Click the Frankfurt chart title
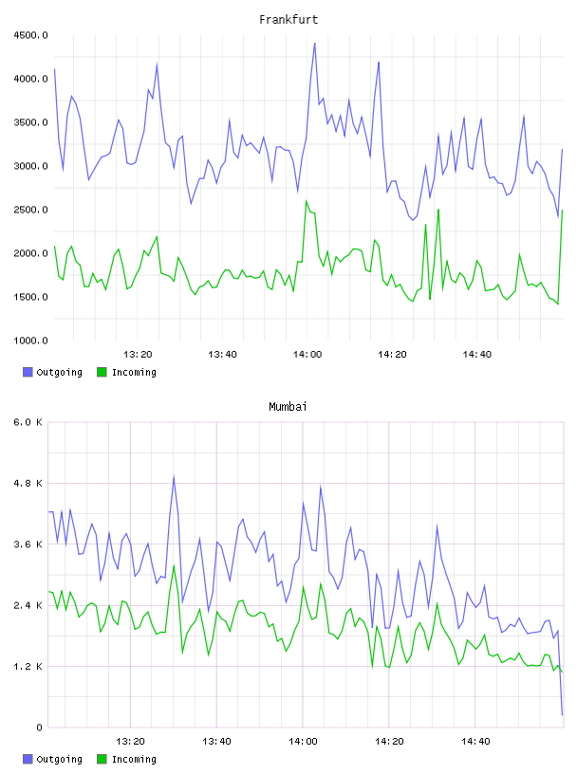[288, 19]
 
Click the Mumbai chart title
[288, 406]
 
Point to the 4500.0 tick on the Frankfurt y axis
[30, 35]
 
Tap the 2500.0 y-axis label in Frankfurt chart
[30, 210]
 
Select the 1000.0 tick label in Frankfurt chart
[30, 341]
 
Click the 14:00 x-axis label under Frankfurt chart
[307, 355]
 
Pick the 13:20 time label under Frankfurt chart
[138, 355]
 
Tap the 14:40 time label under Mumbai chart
[475, 742]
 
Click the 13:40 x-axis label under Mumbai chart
[217, 742]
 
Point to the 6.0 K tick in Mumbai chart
[28, 422]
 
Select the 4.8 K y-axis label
[28, 483]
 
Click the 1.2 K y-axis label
[28, 667]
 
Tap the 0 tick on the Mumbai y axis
[40, 728]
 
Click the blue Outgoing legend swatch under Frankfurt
[28, 372]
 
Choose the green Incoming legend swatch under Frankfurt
[102, 372]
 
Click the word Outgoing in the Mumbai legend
[59, 759]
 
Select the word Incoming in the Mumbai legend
[134, 759]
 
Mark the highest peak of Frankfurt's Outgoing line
[315, 43]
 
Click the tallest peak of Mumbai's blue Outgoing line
[174, 476]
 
